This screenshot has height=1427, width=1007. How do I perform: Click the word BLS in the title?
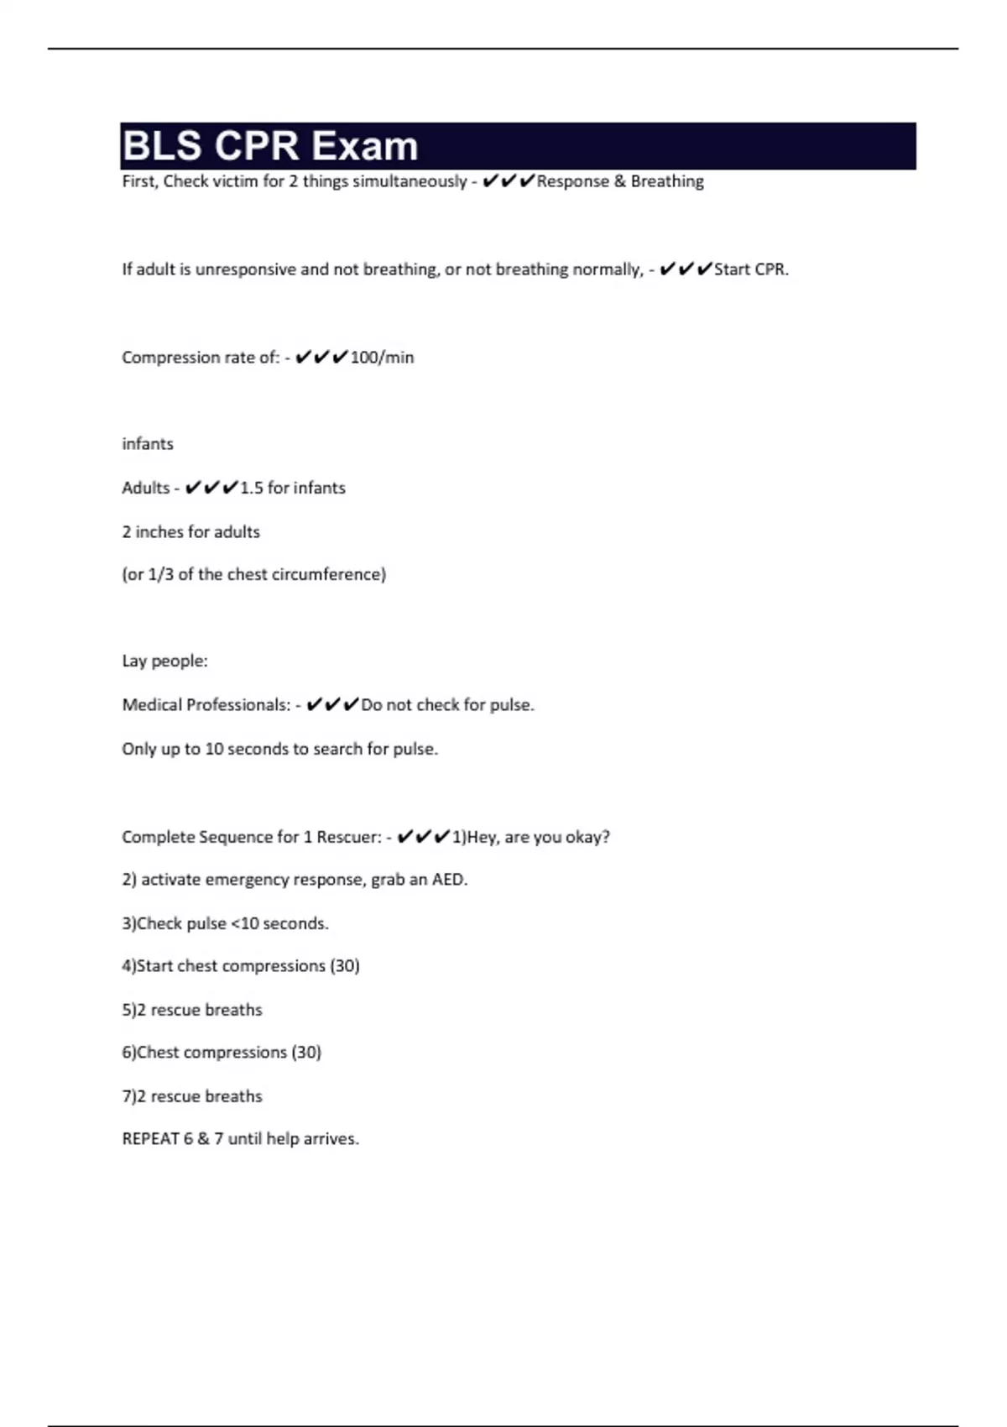(162, 147)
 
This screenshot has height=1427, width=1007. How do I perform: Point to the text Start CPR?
(751, 269)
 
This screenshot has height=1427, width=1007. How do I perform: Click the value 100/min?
(382, 358)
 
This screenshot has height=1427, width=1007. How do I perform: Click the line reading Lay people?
(164, 661)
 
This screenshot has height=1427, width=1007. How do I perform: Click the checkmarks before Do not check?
(333, 705)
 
